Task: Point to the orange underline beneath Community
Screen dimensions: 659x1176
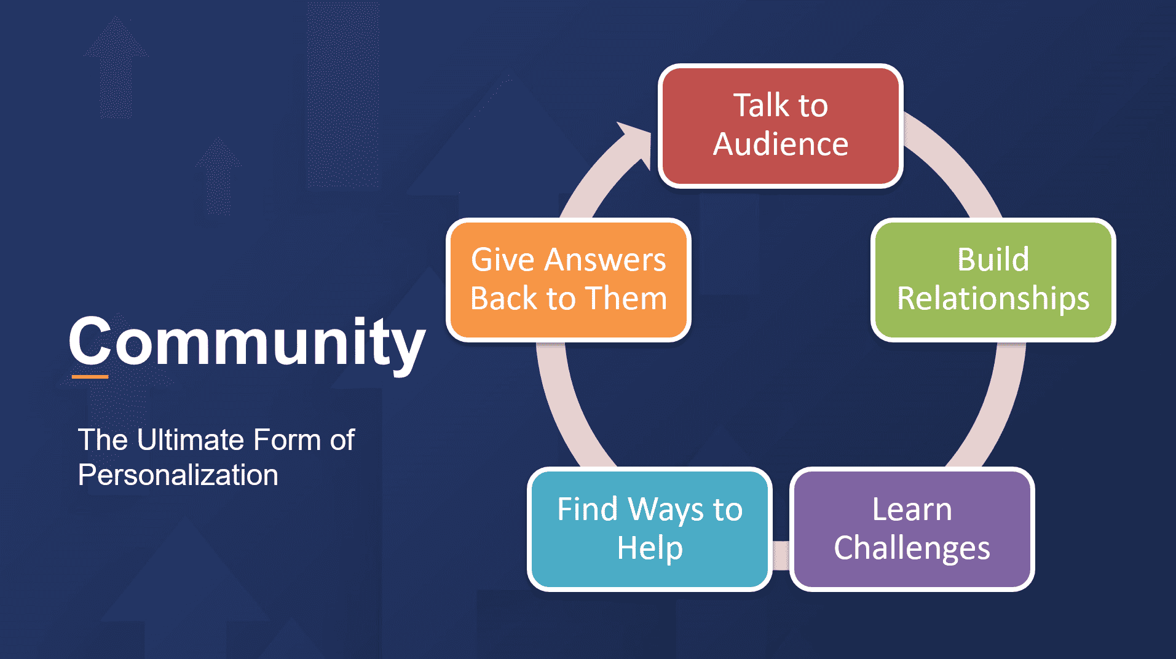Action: [x=90, y=376]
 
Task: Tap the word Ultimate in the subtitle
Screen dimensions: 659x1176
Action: [x=191, y=440]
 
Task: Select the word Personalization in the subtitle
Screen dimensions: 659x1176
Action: [x=178, y=475]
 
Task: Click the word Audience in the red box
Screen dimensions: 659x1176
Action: [x=781, y=144]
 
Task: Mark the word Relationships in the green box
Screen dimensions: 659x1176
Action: [x=993, y=299]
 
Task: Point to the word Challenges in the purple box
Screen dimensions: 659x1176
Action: [x=912, y=548]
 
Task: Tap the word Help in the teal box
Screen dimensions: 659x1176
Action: [x=650, y=548]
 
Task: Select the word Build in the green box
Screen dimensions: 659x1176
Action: [x=993, y=259]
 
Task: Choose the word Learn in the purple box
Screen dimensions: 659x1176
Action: [x=912, y=510]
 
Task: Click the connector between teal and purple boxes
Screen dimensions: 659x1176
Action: [x=781, y=555]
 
